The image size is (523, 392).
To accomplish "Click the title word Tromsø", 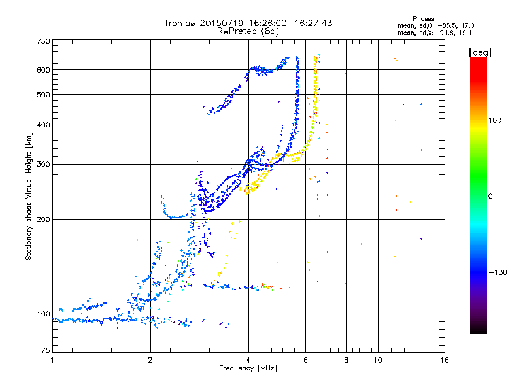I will (x=181, y=23).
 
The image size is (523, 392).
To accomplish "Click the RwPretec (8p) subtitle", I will (x=248, y=31).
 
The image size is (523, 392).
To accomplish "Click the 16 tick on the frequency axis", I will (x=444, y=361).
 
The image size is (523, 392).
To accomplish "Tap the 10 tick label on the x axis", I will (x=378, y=361).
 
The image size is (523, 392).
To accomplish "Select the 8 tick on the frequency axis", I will (x=346, y=361).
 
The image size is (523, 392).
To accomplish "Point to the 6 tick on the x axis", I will (x=306, y=361).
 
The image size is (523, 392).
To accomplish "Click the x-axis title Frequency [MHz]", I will (x=248, y=369).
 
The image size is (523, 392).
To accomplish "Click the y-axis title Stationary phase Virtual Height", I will (x=29, y=196).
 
